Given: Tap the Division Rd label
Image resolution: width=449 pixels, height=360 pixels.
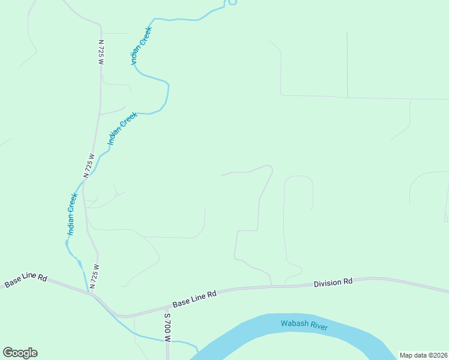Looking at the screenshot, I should [x=333, y=282].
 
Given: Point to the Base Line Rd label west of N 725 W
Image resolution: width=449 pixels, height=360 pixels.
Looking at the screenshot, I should [x=26, y=280].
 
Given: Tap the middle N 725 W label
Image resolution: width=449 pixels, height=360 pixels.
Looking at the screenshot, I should [x=89, y=166].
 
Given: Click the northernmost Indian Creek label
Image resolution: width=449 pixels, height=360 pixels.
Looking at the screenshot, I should [x=141, y=46].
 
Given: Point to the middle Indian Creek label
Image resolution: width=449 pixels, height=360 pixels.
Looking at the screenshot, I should [x=122, y=128].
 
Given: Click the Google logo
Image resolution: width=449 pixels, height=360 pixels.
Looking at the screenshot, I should [x=20, y=353].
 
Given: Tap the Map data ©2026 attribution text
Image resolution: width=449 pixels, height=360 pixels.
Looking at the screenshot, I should [x=423, y=355].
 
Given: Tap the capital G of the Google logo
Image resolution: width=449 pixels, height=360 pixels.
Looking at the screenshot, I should [x=8, y=353].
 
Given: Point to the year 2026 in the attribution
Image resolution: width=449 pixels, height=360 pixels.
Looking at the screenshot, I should [x=439, y=355].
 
